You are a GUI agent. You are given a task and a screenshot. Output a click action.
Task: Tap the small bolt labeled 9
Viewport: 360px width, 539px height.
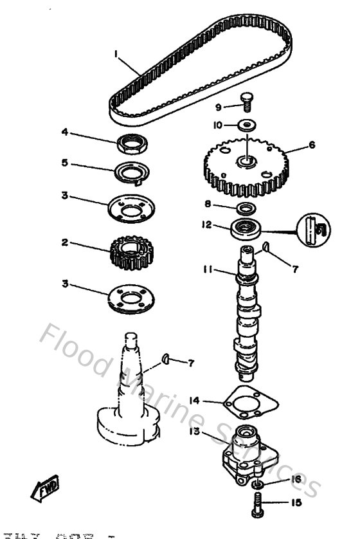[x=246, y=103]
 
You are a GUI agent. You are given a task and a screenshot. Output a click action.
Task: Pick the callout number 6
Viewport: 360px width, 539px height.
[x=312, y=145]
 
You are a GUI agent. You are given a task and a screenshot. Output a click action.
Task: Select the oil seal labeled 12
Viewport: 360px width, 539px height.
[x=246, y=228]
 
